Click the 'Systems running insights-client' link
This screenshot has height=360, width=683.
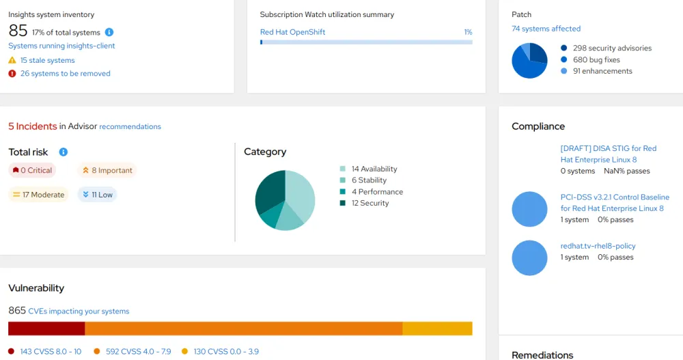click(x=61, y=46)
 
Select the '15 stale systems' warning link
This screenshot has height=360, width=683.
click(x=47, y=60)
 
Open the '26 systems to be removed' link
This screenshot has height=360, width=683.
click(x=65, y=73)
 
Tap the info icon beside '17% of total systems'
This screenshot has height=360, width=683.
click(x=109, y=32)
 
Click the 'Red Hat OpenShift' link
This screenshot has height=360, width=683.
click(x=292, y=32)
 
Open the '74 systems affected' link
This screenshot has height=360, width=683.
click(x=546, y=29)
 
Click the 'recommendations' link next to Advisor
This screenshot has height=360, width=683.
click(x=130, y=126)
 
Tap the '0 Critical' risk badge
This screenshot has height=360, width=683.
click(x=32, y=170)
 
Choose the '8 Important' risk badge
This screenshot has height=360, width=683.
click(x=107, y=170)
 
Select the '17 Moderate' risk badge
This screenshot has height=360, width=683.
click(x=39, y=195)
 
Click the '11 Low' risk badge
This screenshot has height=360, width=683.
click(x=97, y=195)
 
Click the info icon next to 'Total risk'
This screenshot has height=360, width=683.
click(x=64, y=152)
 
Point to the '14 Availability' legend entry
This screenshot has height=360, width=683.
click(x=374, y=169)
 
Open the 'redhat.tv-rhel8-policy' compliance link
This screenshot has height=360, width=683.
click(x=598, y=246)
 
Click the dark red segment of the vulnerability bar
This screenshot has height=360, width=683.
click(x=46, y=329)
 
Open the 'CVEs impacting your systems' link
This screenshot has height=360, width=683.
click(x=79, y=311)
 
